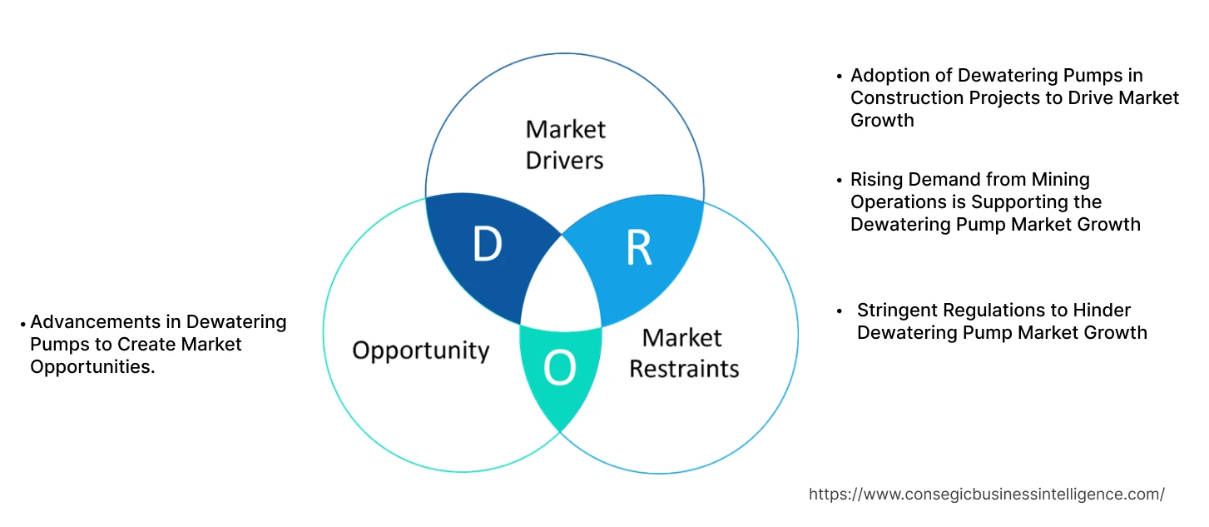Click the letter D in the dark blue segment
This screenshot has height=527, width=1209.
[487, 245]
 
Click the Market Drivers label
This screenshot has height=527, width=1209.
[565, 144]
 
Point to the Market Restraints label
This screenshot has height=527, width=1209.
[683, 353]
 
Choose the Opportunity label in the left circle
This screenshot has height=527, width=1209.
[420, 351]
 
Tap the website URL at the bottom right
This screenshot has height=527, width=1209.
[986, 494]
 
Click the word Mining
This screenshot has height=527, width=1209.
[1061, 180]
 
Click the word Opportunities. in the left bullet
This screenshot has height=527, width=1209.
[92, 367]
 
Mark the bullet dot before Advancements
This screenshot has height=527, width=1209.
[23, 322]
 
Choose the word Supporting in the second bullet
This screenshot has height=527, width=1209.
[1049, 202]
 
